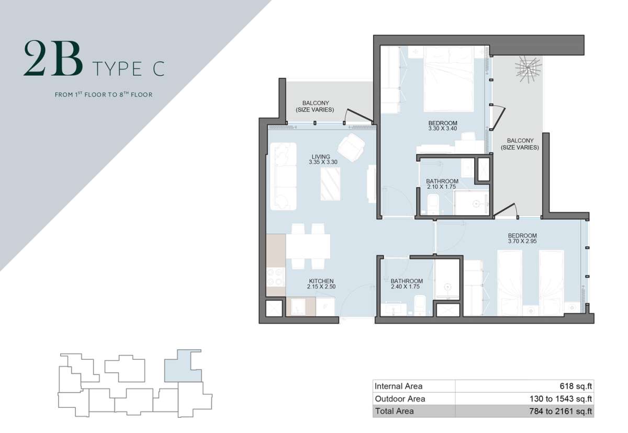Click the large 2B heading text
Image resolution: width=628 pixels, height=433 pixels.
[x=53, y=58]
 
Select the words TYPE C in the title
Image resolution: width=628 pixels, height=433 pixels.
[x=128, y=69]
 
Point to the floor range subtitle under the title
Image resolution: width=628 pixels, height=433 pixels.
[x=104, y=94]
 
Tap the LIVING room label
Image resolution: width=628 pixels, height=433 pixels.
[x=321, y=157]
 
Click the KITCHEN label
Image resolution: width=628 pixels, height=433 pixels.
[x=321, y=281]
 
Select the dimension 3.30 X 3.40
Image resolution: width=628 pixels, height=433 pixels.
[x=443, y=129]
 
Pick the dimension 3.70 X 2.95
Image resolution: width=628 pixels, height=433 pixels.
[x=522, y=241]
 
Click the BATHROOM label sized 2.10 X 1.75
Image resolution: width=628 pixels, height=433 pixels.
[x=442, y=181]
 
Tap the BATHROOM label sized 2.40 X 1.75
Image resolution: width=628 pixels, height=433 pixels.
[x=407, y=281]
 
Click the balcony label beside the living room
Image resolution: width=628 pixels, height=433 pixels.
[x=315, y=107]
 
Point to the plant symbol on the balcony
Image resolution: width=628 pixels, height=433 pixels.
[x=528, y=69]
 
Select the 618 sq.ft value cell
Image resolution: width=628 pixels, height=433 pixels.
[x=576, y=386]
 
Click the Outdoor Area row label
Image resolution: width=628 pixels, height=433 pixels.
[x=400, y=399]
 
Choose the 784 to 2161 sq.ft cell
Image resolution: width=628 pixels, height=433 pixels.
[x=560, y=411]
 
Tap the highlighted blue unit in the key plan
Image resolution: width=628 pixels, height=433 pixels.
[x=183, y=366]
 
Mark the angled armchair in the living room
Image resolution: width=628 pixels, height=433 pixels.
[x=351, y=147]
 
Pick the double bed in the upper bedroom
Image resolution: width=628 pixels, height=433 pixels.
[x=449, y=79]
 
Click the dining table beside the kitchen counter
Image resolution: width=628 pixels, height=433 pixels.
[x=308, y=246]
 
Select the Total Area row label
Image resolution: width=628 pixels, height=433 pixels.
[x=394, y=411]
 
